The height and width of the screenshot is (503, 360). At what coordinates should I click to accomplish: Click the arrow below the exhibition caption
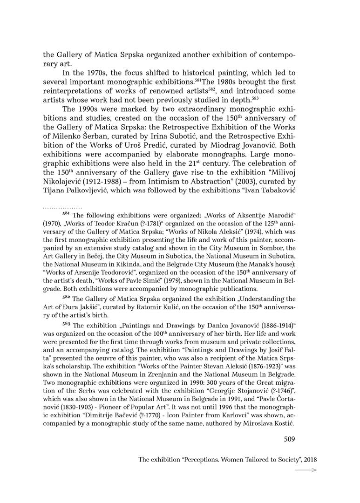click(307, 470)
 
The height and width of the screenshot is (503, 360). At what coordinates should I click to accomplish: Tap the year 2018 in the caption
click(309, 459)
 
